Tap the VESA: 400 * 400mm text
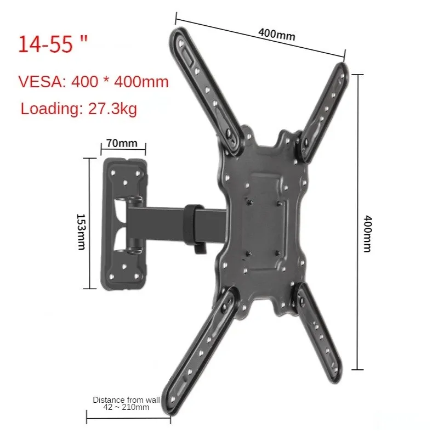(x=94, y=82)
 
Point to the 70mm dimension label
(x=122, y=143)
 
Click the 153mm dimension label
(x=81, y=224)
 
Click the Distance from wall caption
(x=126, y=400)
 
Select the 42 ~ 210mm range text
(x=126, y=407)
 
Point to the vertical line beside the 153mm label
(x=90, y=223)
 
